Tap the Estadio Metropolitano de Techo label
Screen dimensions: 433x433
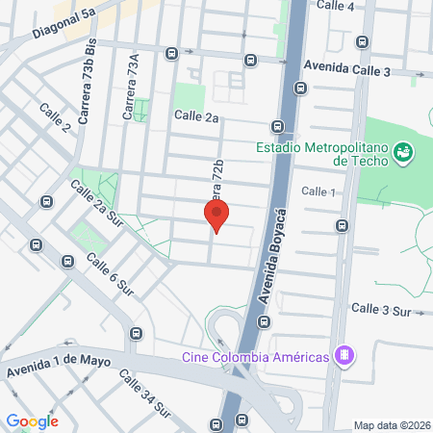[321, 154]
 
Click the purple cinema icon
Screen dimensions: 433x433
[341, 356]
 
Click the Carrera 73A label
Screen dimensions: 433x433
[131, 87]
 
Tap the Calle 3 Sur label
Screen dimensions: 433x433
[381, 309]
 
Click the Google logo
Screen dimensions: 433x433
[32, 421]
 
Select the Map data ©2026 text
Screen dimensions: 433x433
[391, 425]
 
